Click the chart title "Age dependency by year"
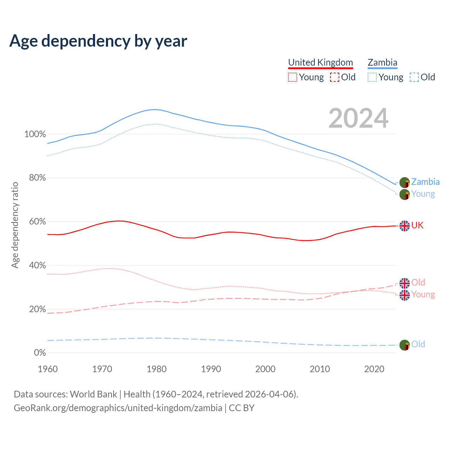tap(98, 41)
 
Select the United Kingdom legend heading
tap(320, 62)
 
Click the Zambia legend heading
tap(382, 62)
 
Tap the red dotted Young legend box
tap(292, 77)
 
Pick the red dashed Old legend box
tap(334, 77)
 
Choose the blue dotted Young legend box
tap(372, 77)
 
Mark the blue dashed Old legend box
tap(414, 77)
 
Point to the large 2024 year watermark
tap(358, 118)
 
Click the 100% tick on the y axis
tap(35, 134)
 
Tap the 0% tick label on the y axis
tap(40, 353)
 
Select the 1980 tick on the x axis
tap(156, 369)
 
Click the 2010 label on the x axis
tap(320, 369)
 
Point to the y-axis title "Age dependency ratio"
tap(15, 225)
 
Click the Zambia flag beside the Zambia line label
tap(404, 182)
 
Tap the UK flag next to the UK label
tap(404, 226)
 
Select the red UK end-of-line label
tap(417, 225)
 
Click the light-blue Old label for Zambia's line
tap(418, 344)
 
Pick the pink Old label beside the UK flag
tap(418, 282)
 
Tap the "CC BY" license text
tap(242, 408)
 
